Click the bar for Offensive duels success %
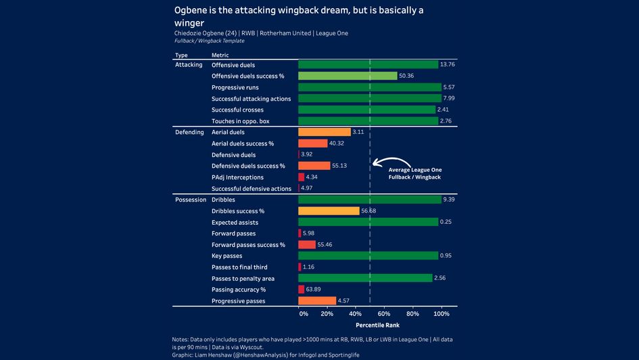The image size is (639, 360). pos(348,76)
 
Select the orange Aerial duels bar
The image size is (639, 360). pos(325,132)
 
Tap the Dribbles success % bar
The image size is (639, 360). pos(329,211)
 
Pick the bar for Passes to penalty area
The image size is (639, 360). pos(365,278)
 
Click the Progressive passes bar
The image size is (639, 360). pos(317,300)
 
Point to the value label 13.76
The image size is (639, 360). pos(448,64)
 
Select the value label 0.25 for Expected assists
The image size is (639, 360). pos(446,222)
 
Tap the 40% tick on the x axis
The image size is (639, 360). pos(356,314)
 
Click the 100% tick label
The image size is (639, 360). pos(441,314)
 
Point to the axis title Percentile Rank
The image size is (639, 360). pos(377,325)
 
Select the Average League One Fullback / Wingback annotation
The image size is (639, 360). pos(415,173)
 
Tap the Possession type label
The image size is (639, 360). pos(190,200)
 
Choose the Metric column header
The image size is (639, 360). pos(220,55)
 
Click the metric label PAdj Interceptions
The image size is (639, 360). pos(237,177)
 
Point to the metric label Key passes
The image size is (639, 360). pos(227,256)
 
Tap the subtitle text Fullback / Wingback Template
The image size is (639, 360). pos(210,41)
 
